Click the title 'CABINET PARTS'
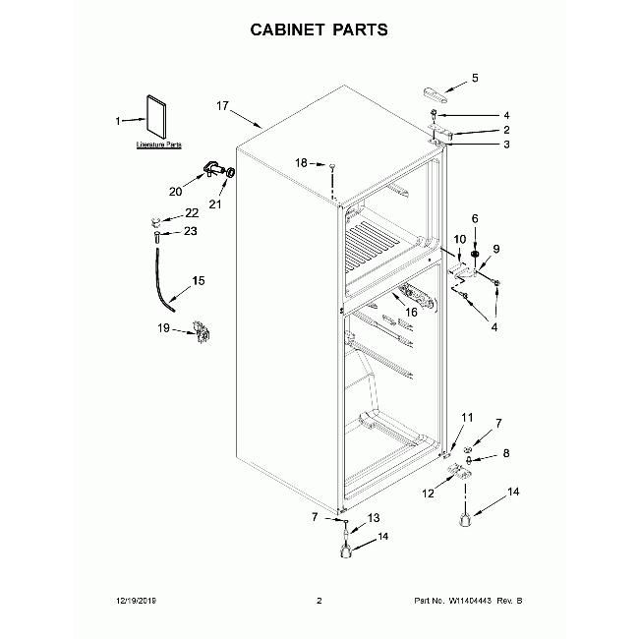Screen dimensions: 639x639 click(x=319, y=29)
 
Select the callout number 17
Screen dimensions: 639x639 click(x=222, y=105)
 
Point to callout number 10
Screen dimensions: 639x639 click(x=459, y=240)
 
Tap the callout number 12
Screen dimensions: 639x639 click(x=428, y=493)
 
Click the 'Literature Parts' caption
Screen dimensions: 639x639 click(x=159, y=145)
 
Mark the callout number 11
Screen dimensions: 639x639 click(x=467, y=418)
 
